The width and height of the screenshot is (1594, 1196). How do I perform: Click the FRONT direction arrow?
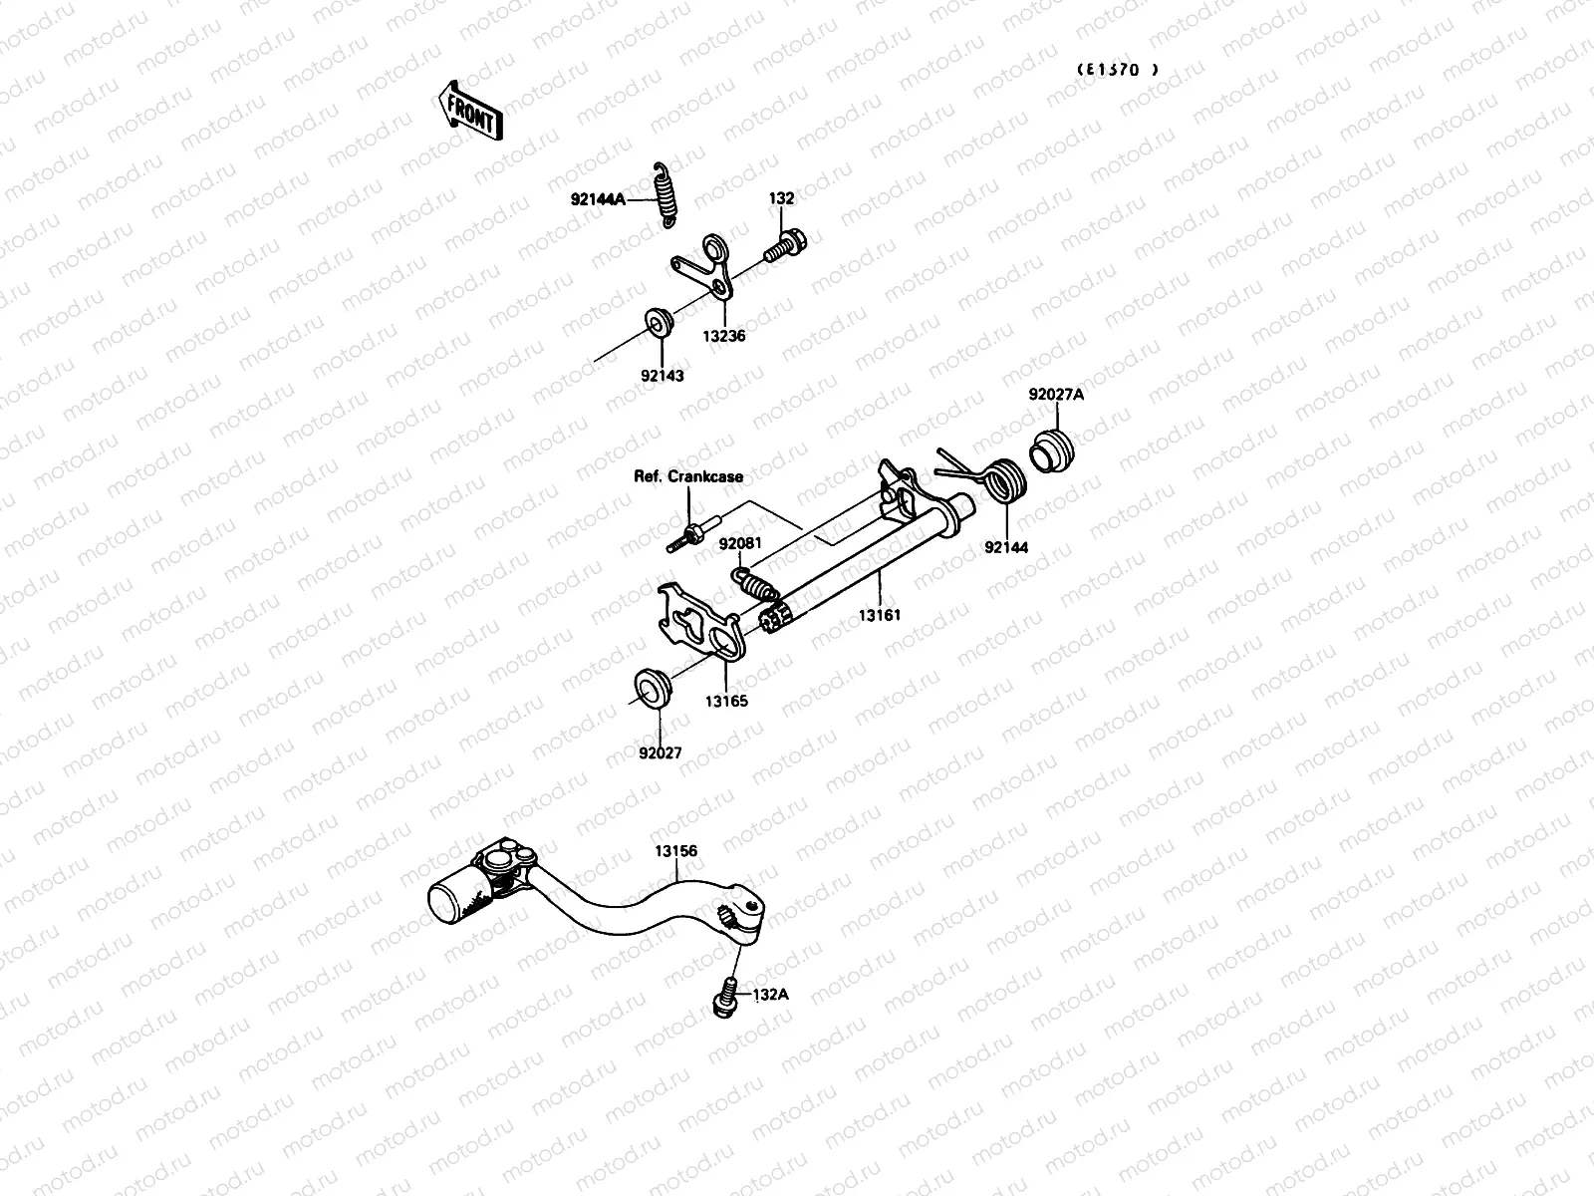468,111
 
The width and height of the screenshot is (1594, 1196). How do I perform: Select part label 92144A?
597,199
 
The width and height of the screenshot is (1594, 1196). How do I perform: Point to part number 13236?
725,337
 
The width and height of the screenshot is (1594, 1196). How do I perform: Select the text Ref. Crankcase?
688,476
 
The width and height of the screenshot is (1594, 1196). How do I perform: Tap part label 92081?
740,544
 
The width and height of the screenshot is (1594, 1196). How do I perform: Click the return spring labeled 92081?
757,582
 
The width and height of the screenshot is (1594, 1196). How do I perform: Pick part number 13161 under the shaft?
880,615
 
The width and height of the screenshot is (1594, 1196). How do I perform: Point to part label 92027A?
1056,394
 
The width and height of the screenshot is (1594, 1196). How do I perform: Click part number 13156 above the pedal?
675,851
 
